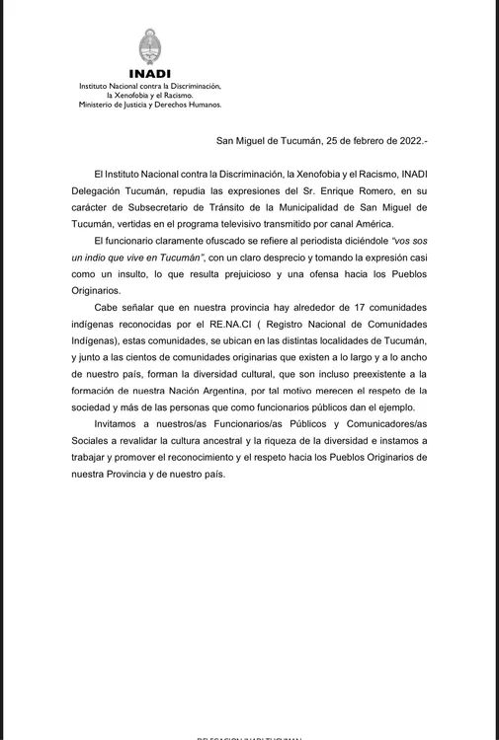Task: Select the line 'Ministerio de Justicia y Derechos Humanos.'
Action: click(x=150, y=104)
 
